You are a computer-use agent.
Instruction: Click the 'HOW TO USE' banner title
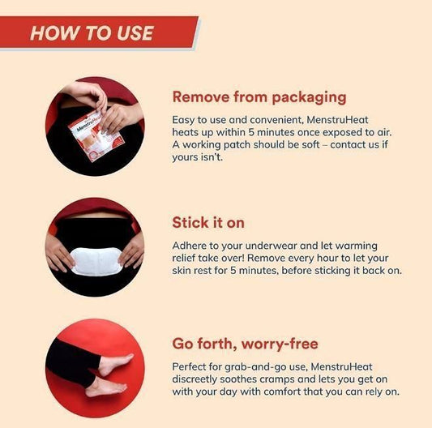pyautogui.click(x=92, y=32)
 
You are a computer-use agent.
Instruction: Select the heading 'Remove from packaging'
pyautogui.click(x=259, y=97)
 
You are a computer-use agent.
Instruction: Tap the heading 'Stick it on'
pyautogui.click(x=208, y=222)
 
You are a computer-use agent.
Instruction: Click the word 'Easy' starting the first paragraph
pyautogui.click(x=185, y=118)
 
